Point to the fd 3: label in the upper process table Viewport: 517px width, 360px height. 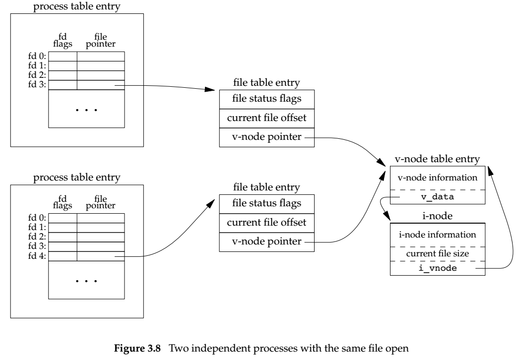click(x=37, y=85)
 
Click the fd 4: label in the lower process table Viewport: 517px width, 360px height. click(x=37, y=256)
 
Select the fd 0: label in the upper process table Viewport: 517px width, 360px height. click(x=37, y=57)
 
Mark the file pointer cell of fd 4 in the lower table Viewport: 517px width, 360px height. click(x=101, y=256)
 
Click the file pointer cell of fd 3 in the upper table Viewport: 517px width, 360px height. click(x=101, y=85)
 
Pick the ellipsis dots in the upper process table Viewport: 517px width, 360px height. click(x=86, y=109)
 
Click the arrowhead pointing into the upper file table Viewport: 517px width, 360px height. click(x=211, y=90)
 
